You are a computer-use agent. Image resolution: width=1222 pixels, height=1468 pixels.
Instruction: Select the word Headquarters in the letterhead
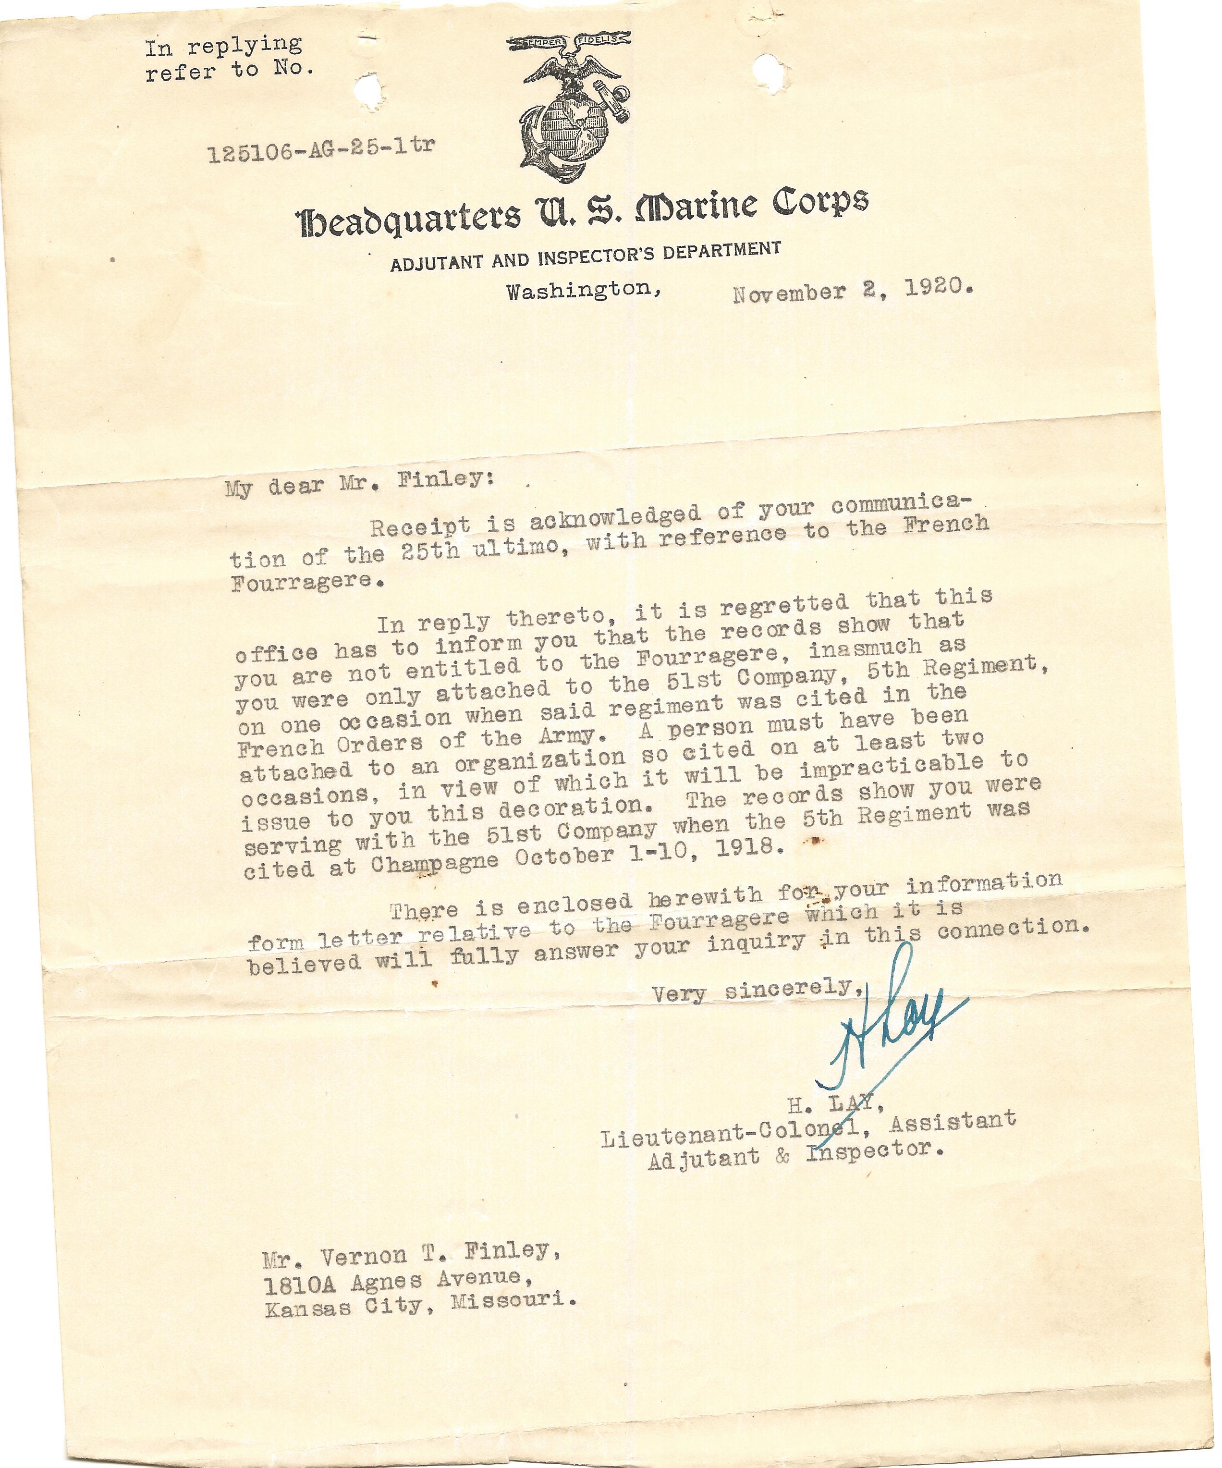click(409, 218)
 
